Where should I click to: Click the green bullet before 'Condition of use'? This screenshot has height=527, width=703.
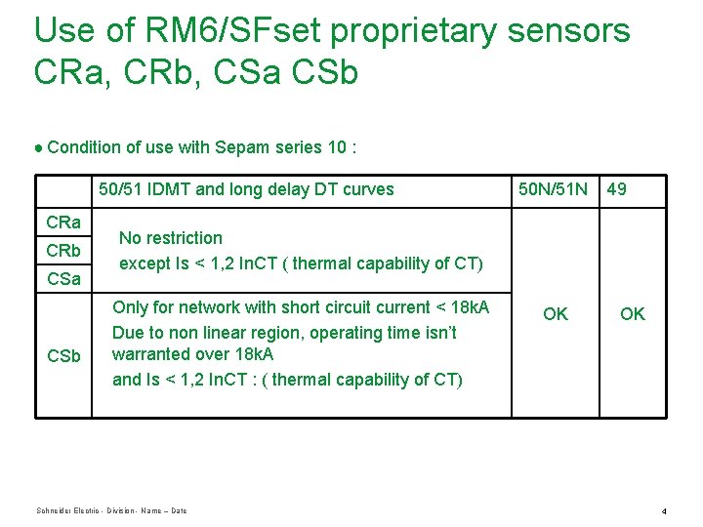click(x=38, y=148)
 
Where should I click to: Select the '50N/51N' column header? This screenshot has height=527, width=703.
click(x=553, y=189)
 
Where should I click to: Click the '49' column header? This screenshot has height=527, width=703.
click(x=617, y=189)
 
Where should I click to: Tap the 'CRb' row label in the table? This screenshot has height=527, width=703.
click(x=63, y=251)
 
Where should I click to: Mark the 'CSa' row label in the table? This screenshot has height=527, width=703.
click(x=63, y=280)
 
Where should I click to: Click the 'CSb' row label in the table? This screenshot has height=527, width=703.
click(x=63, y=356)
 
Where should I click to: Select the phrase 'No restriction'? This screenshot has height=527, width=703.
click(x=171, y=238)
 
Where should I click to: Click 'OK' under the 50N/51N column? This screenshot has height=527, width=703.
click(x=556, y=313)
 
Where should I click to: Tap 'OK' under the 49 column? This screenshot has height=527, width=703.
click(x=633, y=313)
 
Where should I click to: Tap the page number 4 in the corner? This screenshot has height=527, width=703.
click(x=663, y=511)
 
